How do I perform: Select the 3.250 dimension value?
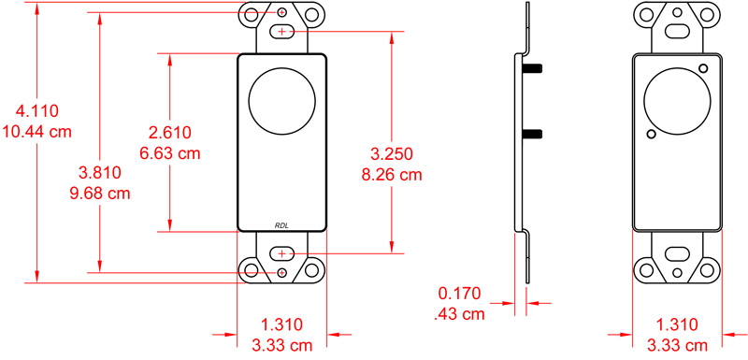(392, 153)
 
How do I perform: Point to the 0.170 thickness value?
(460, 294)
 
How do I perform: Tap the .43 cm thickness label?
(460, 315)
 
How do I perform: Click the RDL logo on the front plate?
(282, 223)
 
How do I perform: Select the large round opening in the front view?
(282, 96)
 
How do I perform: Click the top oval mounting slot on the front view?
(282, 33)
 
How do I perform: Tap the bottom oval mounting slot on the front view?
(282, 253)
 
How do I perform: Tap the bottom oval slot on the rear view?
(677, 253)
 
